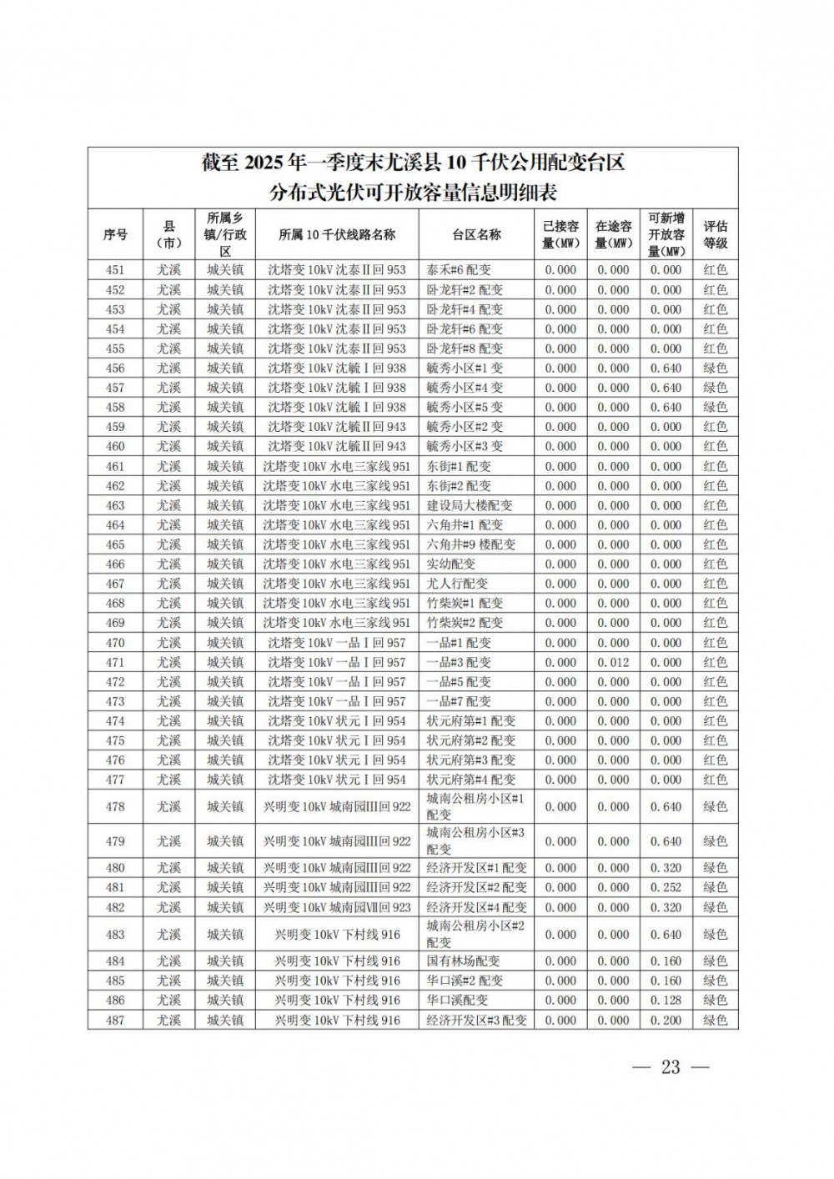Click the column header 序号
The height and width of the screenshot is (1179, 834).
tap(115, 234)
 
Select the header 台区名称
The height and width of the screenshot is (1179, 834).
tap(476, 234)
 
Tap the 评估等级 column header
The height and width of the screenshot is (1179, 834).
tap(715, 234)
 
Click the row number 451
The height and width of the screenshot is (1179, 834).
tap(115, 270)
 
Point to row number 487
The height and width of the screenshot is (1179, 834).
tap(115, 1020)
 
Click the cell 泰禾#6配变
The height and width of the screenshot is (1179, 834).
tap(459, 270)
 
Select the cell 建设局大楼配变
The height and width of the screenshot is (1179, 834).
tap(470, 505)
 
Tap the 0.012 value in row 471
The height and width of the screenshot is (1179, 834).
tap(613, 662)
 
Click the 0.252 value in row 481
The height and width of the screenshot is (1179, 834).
tap(666, 887)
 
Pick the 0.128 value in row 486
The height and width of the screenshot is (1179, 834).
tap(666, 1000)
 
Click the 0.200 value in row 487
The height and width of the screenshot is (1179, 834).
tap(666, 1020)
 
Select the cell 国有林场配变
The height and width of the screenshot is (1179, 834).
tap(464, 961)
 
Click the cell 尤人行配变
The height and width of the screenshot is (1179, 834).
tap(457, 584)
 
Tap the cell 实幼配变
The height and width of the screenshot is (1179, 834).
tap(451, 564)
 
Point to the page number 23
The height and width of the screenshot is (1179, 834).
tap(671, 1067)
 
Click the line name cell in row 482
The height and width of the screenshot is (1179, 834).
tap(337, 907)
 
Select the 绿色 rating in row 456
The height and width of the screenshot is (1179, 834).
tap(715, 368)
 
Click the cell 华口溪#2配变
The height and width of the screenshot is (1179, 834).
tap(465, 981)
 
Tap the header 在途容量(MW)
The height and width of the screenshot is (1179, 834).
tap(613, 234)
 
